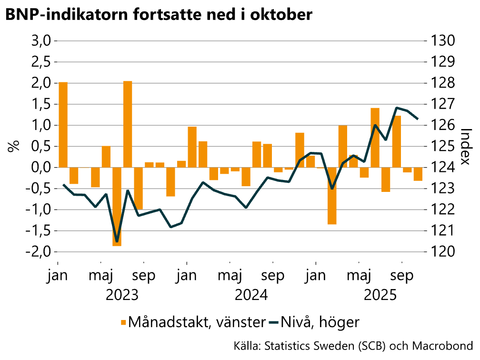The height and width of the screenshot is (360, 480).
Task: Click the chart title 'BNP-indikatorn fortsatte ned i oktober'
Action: click(159, 15)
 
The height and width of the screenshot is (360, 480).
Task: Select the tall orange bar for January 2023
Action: click(63, 125)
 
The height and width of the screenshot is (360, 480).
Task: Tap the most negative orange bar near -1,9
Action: click(117, 207)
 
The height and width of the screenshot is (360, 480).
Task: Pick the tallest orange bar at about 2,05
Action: click(128, 124)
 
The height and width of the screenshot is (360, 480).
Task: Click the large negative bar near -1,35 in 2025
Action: click(332, 196)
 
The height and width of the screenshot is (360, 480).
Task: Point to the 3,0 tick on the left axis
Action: click(41, 41)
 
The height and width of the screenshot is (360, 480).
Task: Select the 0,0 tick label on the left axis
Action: click(41, 168)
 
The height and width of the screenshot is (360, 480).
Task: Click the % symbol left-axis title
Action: click(13, 147)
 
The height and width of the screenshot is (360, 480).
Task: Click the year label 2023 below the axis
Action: click(122, 295)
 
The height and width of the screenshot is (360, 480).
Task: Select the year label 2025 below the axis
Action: click(380, 295)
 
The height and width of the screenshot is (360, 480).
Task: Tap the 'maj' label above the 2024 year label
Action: click(230, 276)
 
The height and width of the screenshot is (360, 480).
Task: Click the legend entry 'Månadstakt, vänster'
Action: click(195, 322)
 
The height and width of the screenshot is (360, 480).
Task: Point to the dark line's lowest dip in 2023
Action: click(117, 241)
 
